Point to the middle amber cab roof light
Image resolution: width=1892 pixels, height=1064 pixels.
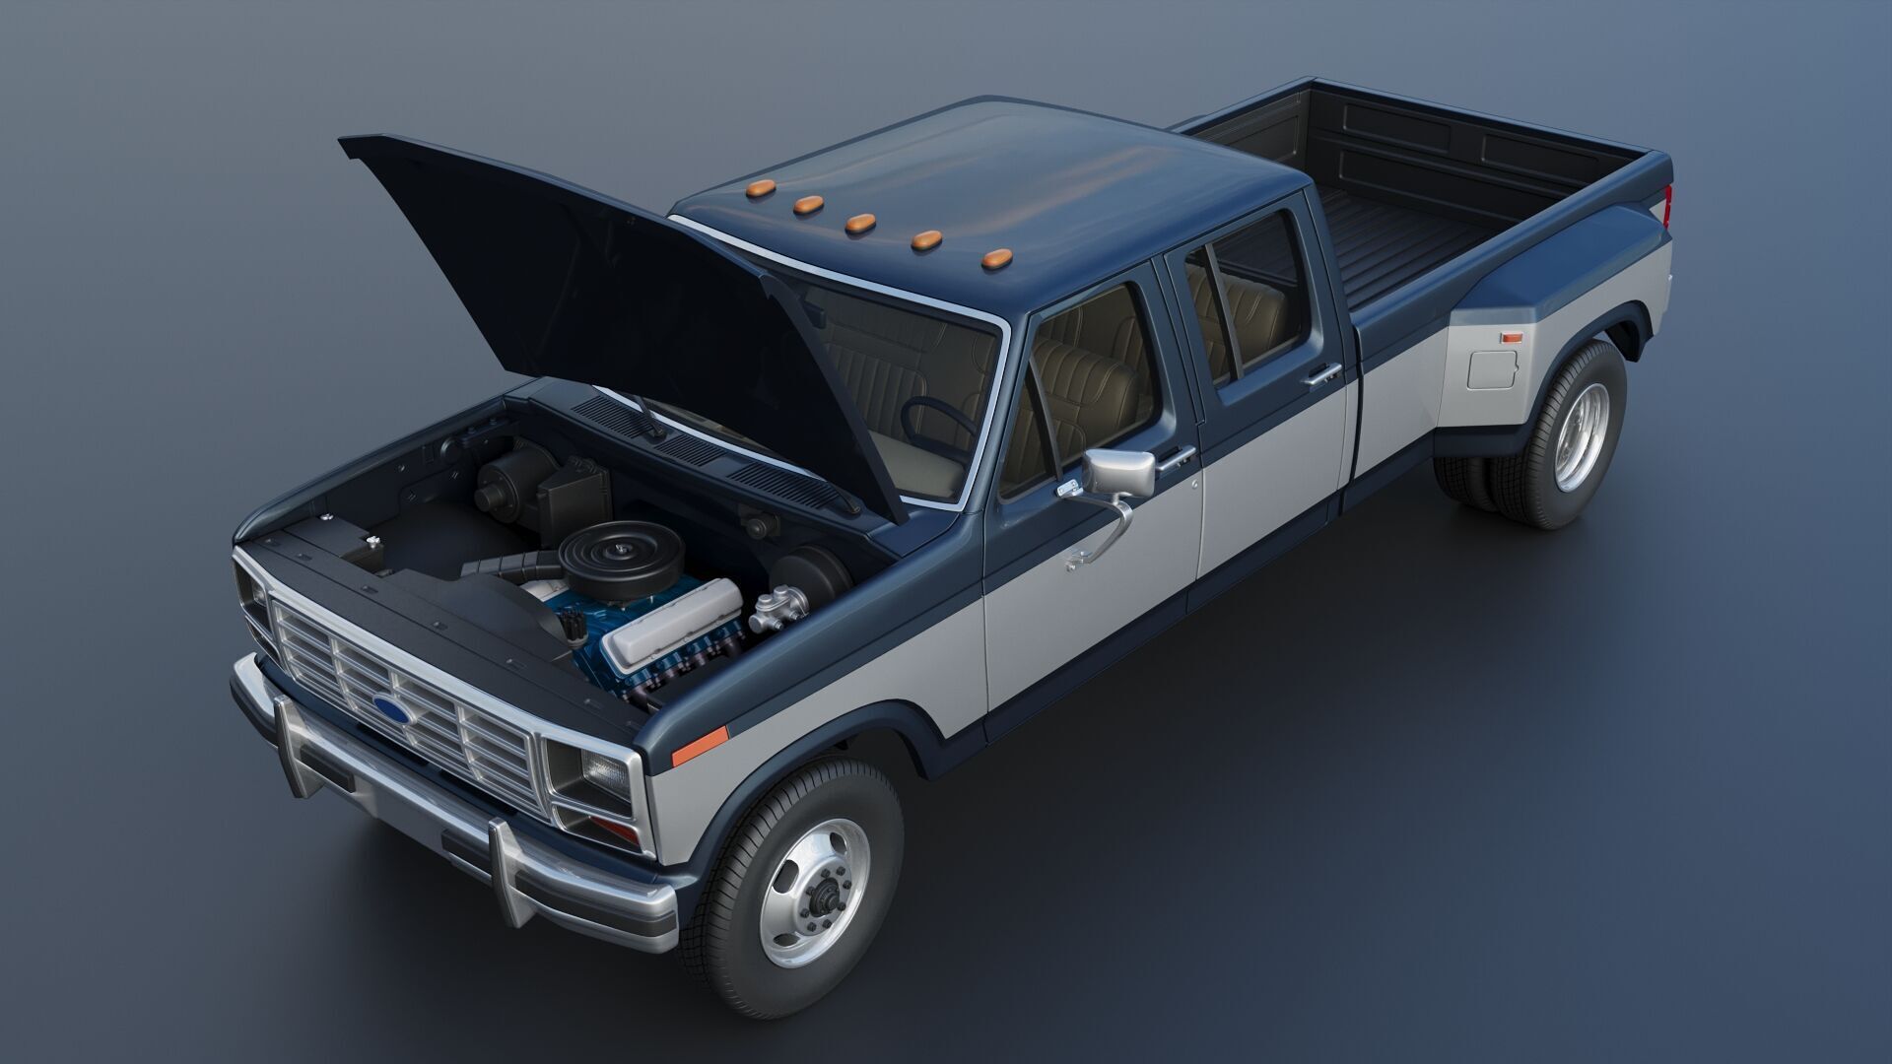860,223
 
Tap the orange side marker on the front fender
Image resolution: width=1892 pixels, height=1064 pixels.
699,745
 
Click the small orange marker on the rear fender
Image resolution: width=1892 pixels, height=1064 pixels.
1511,338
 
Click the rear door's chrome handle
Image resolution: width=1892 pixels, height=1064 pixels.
1323,373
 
